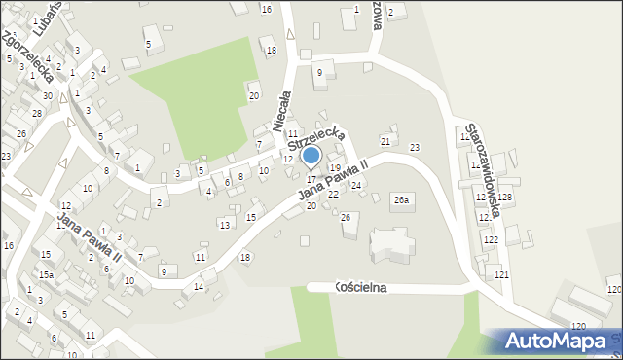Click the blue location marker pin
pyautogui.click(x=311, y=156)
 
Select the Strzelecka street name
pyautogui.click(x=315, y=141)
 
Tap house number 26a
pyautogui.click(x=402, y=198)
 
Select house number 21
pyautogui.click(x=385, y=142)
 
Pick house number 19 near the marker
pyautogui.click(x=335, y=168)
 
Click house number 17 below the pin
pyautogui.click(x=311, y=179)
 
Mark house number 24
pyautogui.click(x=356, y=185)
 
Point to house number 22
pyautogui.click(x=333, y=195)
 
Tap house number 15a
pyautogui.click(x=46, y=275)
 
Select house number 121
pyautogui.click(x=501, y=275)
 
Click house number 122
pyautogui.click(x=491, y=239)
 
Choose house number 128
pyautogui.click(x=505, y=198)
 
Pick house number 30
pyautogui.click(x=47, y=95)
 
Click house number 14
pyautogui.click(x=198, y=286)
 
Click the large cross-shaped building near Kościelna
pyautogui.click(x=390, y=243)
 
